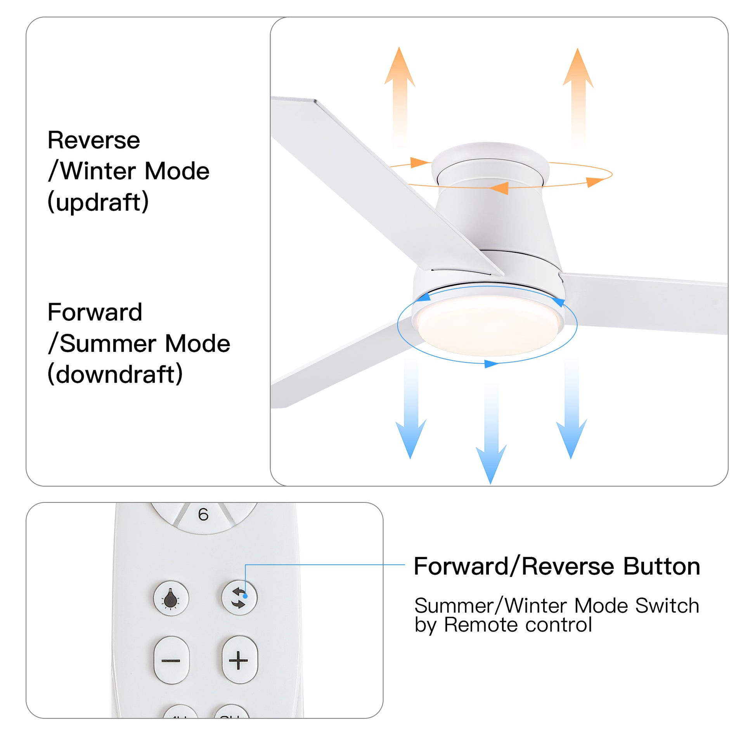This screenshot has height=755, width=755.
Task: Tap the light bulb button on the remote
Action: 171,598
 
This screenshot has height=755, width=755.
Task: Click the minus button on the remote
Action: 171,661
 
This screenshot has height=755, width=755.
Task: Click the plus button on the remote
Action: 239,661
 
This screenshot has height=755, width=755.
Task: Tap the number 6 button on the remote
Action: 203,515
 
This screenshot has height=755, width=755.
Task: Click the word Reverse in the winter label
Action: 94,140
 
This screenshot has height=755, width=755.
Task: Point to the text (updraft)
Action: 98,202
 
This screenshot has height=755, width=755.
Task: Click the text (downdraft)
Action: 115,374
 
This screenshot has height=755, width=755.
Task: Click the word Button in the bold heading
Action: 661,566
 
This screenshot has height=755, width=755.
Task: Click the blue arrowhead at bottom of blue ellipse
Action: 491,364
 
